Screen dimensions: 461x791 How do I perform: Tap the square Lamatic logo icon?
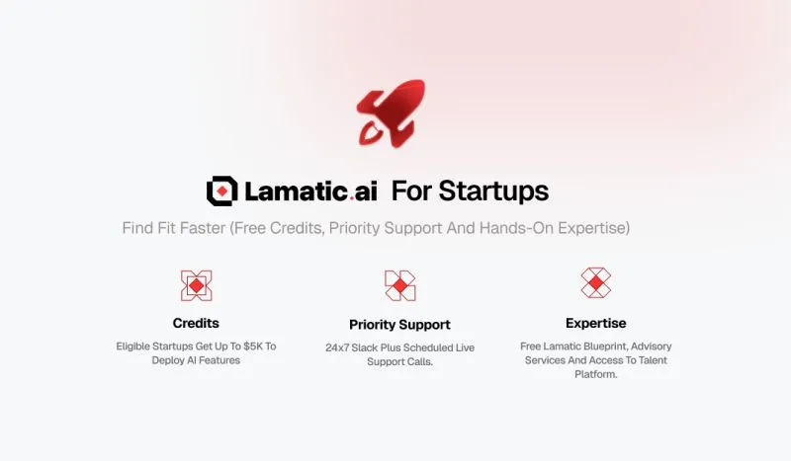[222, 191]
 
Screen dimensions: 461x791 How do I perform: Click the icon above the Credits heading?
[196, 285]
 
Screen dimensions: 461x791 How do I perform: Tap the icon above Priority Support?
[399, 285]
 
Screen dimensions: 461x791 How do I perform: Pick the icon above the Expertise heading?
[595, 282]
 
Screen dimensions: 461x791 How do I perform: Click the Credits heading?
[196, 323]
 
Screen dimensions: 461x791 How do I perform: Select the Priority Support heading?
[399, 324]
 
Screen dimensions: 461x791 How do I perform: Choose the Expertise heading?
[595, 323]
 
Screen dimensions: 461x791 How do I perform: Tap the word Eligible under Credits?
[136, 346]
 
